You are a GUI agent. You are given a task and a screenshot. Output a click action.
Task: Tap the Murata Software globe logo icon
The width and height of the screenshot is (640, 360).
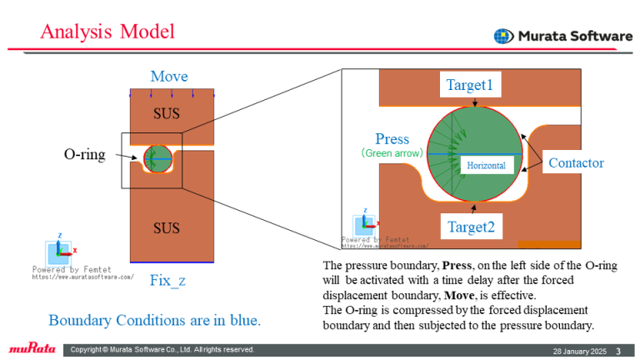503,36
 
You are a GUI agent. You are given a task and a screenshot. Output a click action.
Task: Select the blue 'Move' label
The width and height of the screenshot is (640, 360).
169,77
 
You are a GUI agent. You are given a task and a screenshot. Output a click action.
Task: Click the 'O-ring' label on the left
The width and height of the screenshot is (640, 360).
85,154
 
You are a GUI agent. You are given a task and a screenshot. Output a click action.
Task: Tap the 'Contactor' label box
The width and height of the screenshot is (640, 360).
576,163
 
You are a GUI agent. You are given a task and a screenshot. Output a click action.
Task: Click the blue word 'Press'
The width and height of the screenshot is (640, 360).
392,138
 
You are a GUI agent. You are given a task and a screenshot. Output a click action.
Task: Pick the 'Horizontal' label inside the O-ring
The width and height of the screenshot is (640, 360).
486,166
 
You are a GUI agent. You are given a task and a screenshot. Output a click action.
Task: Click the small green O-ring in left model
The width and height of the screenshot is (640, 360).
157,156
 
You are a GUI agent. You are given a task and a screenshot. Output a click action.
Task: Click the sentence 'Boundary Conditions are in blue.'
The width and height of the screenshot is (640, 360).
155,320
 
